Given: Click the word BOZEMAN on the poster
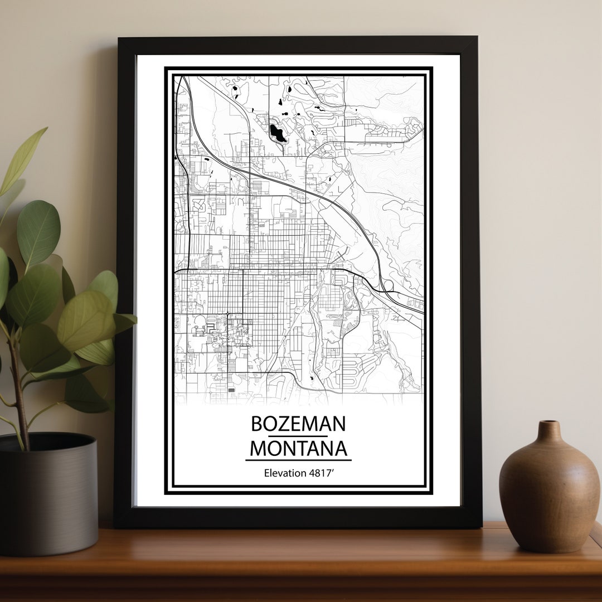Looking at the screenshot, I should click(298, 424).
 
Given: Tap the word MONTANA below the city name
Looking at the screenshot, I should click(298, 449).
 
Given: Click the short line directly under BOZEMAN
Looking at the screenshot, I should click(298, 436).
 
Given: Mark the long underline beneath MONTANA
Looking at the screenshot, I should click(298, 460).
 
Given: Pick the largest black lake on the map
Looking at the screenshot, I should click(277, 133).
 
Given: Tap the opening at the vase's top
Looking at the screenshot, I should click(548, 423).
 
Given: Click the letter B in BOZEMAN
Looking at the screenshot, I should click(257, 424).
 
